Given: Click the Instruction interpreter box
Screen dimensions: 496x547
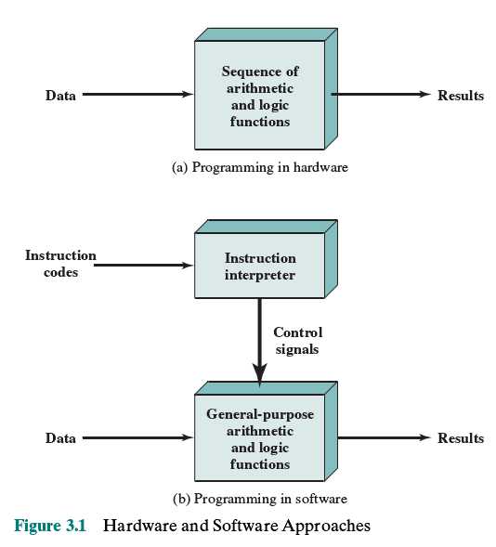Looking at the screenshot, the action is pyautogui.click(x=266, y=259).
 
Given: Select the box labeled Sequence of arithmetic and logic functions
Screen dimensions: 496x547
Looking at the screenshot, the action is pyautogui.click(x=266, y=89).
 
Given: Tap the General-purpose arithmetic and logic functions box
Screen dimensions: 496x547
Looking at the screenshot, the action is pyautogui.click(x=266, y=432).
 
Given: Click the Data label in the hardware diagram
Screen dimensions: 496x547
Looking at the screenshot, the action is pyautogui.click(x=60, y=96).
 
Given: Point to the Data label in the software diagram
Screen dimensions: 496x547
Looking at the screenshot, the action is pyautogui.click(x=60, y=438).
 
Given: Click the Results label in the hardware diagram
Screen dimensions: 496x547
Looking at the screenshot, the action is pyautogui.click(x=461, y=96).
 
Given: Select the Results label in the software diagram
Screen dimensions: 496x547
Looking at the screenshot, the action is pyautogui.click(x=461, y=438).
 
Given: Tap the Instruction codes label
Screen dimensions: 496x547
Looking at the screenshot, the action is pyautogui.click(x=60, y=264).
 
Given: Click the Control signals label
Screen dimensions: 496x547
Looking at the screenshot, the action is pyautogui.click(x=297, y=341).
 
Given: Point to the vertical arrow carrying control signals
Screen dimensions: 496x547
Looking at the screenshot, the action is pyautogui.click(x=259, y=343).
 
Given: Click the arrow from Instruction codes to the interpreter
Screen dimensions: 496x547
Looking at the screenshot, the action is pyautogui.click(x=143, y=266).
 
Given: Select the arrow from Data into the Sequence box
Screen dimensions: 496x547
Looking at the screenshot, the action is pyautogui.click(x=137, y=94).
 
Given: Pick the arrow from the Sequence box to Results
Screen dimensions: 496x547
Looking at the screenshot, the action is pyautogui.click(x=381, y=94).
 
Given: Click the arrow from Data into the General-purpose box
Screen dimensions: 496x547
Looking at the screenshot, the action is pyautogui.click(x=137, y=437).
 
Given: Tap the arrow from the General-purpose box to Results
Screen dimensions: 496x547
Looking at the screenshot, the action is pyautogui.click(x=385, y=437).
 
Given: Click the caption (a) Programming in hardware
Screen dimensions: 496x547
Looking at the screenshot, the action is pyautogui.click(x=260, y=167).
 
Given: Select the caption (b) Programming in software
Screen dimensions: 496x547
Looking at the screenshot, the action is pyautogui.click(x=260, y=499).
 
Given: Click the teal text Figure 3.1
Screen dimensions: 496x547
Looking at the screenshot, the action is pyautogui.click(x=50, y=526).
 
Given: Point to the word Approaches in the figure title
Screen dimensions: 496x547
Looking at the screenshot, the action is pyautogui.click(x=326, y=527).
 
